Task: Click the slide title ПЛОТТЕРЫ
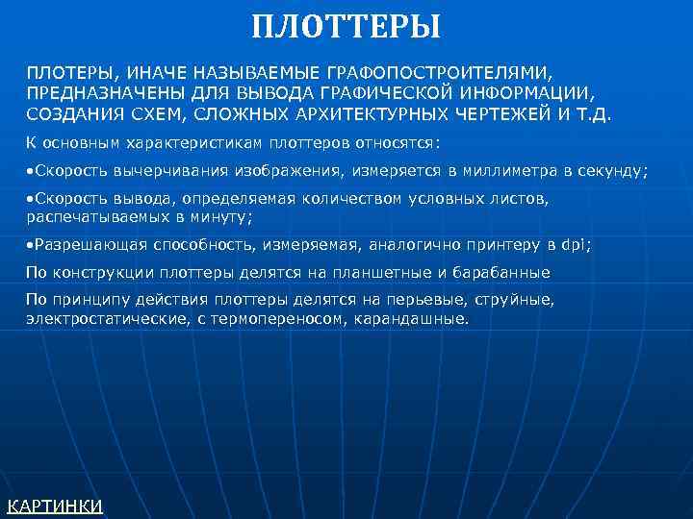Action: (x=346, y=26)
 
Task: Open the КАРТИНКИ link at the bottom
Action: (x=55, y=506)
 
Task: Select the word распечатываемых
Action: (x=86, y=216)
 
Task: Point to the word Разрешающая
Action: (x=77, y=245)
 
